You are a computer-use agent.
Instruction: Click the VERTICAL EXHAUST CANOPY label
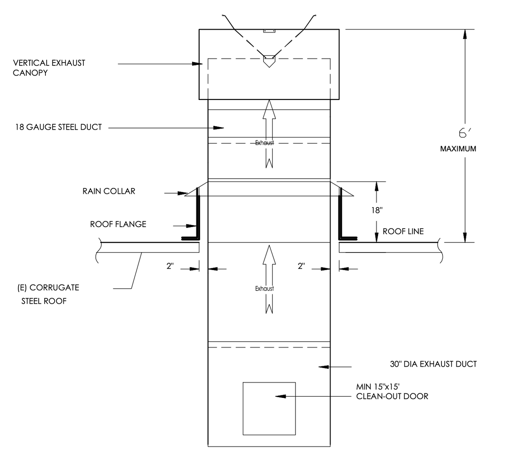[49, 67]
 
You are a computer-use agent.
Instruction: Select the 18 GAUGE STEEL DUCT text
[58, 127]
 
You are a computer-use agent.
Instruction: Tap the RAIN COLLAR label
[109, 191]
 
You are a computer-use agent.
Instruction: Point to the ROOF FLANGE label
[118, 224]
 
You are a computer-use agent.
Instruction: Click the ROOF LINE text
[403, 231]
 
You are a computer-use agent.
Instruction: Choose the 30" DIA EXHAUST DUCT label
[433, 364]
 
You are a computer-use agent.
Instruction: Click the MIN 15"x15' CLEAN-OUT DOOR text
[392, 392]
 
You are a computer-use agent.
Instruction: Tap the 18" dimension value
[377, 210]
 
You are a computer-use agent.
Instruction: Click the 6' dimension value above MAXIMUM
[464, 133]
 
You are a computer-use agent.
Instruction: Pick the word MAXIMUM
[458, 149]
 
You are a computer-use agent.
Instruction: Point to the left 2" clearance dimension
[170, 266]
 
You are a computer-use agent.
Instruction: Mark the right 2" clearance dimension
[301, 266]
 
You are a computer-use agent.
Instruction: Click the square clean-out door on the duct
[269, 408]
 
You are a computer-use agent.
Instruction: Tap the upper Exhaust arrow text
[265, 143]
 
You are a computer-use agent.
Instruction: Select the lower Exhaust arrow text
[265, 288]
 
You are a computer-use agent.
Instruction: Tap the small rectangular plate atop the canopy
[269, 31]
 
